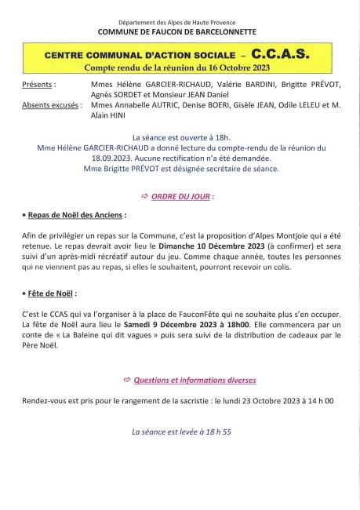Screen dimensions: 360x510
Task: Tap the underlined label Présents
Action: (39, 82)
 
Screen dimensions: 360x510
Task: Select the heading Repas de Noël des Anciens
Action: (75, 214)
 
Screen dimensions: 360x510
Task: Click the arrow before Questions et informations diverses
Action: (128, 380)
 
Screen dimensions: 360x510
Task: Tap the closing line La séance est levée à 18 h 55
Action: (180, 432)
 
